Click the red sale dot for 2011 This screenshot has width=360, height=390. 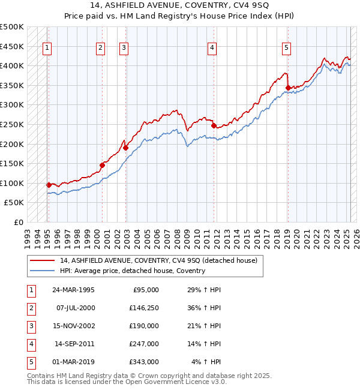tap(214, 125)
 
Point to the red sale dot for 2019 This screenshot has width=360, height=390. tap(288, 88)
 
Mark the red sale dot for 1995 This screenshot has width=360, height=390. tap(49, 185)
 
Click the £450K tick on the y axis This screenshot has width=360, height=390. tap(13, 46)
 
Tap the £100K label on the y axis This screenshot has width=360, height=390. tap(13, 183)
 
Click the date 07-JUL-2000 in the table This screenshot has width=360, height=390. tap(74, 308)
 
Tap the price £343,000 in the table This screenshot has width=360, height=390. tap(144, 362)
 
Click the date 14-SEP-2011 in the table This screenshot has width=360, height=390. tap(74, 344)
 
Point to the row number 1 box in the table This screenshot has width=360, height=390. tap(31, 290)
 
